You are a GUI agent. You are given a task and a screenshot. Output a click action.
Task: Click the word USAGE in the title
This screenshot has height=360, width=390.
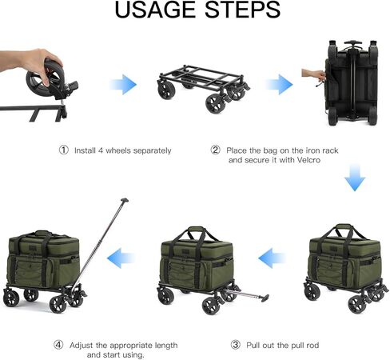click(x=155, y=10)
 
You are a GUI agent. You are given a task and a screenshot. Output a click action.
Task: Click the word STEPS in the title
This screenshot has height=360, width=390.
click(x=243, y=10)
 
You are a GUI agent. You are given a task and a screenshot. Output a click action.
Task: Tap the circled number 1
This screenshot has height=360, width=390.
click(x=64, y=150)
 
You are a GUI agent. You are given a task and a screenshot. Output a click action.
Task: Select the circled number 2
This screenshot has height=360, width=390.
click(x=215, y=150)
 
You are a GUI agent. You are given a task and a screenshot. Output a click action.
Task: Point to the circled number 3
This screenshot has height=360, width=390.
click(x=235, y=345)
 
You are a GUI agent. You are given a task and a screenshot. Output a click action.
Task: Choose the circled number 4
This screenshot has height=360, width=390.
click(x=58, y=345)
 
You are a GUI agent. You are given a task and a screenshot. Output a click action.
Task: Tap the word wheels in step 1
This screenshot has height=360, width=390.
click(x=118, y=150)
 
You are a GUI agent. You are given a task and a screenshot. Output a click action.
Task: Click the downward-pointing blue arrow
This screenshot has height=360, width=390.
click(x=355, y=178)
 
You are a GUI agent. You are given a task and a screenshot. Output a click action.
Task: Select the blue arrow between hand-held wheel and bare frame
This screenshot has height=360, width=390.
click(x=123, y=85)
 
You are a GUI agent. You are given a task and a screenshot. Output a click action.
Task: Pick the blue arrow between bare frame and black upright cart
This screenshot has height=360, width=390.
click(x=279, y=85)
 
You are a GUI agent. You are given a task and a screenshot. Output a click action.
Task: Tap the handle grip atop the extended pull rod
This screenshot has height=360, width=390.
click(x=125, y=200)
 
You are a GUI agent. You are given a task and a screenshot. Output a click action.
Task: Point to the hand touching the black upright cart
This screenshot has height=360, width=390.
click(x=313, y=75)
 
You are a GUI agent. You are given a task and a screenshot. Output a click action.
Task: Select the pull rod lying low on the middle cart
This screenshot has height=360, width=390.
click(x=245, y=295)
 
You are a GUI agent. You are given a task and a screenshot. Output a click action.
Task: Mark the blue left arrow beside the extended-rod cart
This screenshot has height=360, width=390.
click(x=121, y=258)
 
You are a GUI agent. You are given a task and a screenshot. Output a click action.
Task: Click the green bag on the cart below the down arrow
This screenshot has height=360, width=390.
click(x=345, y=257)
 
